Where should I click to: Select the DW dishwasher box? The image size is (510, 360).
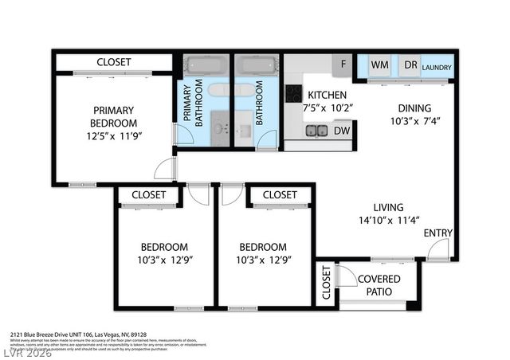(341, 131)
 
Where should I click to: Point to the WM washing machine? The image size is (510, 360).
(379, 65)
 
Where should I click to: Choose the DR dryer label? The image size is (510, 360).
(410, 65)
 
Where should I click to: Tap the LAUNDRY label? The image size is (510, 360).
(436, 67)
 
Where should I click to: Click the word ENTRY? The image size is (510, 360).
(438, 233)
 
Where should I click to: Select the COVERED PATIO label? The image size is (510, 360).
(379, 285)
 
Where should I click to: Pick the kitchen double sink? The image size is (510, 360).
(316, 131)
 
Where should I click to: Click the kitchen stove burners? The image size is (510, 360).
(293, 94)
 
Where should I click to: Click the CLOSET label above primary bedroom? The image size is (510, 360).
(114, 62)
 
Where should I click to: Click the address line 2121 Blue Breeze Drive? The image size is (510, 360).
(79, 335)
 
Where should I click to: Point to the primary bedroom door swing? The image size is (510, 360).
(163, 169)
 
